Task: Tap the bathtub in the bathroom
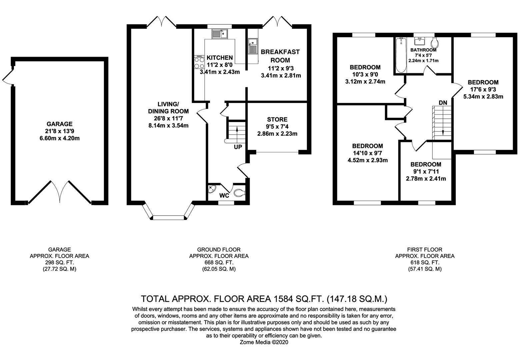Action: [x=401, y=55]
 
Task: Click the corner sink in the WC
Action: [x=212, y=189]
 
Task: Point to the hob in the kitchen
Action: [x=199, y=62]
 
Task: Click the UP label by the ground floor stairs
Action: [x=238, y=147]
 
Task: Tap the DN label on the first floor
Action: [x=443, y=103]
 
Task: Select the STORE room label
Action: [x=277, y=119]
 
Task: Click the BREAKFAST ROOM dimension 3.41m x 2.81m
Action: [x=281, y=75]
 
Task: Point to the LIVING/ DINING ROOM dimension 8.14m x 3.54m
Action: [x=168, y=125]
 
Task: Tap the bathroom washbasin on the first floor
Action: [x=419, y=41]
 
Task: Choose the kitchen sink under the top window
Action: [x=219, y=34]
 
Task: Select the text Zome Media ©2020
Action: [x=264, y=342]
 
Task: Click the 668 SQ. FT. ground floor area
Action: [x=219, y=262]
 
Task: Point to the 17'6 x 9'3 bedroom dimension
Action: [x=483, y=89]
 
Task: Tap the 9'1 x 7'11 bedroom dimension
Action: [x=426, y=171]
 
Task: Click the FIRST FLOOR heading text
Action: [x=425, y=249]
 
